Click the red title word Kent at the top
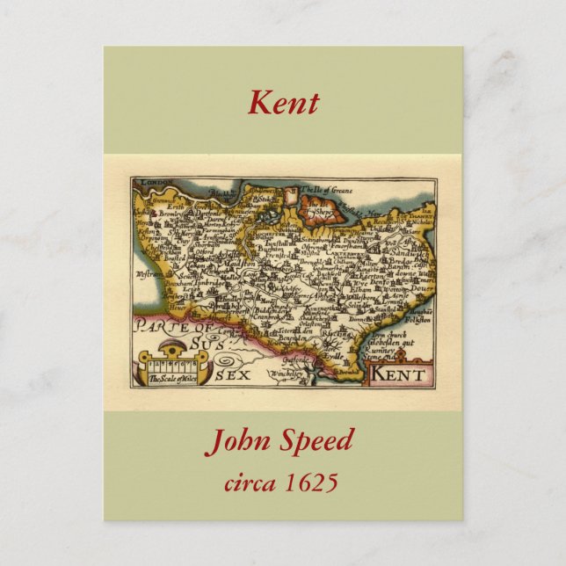[283, 103]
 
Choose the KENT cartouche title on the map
[397, 375]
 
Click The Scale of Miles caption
[167, 379]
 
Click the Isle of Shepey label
[321, 211]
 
